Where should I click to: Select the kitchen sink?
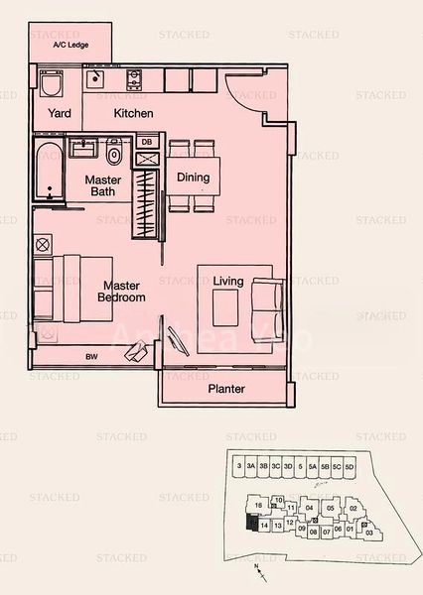click(x=96, y=78)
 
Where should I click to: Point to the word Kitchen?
click(x=134, y=113)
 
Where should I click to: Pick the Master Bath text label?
click(x=102, y=186)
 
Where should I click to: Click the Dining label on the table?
click(x=193, y=178)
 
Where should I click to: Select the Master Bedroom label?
click(x=122, y=291)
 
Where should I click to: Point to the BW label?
click(x=91, y=356)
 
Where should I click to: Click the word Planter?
click(x=226, y=390)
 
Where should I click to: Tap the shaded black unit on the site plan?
click(x=249, y=523)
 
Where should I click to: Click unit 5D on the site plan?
click(x=349, y=466)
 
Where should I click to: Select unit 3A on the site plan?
click(x=251, y=466)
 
